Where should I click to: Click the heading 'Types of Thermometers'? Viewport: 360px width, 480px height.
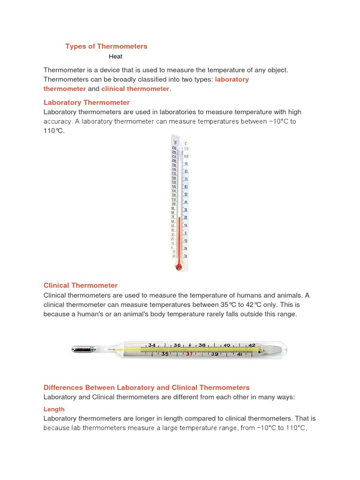(106, 46)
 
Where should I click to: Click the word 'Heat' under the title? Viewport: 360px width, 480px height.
(115, 56)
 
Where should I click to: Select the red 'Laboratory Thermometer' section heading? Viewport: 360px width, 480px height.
(86, 102)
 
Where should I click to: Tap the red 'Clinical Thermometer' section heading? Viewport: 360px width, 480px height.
(80, 285)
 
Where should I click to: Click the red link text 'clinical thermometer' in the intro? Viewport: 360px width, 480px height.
(135, 89)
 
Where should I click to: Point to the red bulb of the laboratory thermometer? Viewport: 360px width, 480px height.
(178, 267)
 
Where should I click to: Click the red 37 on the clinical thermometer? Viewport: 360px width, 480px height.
(189, 354)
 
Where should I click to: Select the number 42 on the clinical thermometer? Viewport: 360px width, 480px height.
(252, 345)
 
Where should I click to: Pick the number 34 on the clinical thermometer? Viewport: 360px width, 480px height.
(151, 345)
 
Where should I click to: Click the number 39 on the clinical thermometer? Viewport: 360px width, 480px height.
(215, 354)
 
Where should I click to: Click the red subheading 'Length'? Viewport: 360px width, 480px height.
(54, 409)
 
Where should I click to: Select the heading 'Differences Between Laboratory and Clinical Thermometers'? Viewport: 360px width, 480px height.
(146, 388)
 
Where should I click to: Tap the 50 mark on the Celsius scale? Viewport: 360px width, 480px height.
(186, 194)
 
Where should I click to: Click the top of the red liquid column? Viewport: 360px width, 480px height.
(179, 217)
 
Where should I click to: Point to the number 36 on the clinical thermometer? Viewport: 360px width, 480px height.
(177, 345)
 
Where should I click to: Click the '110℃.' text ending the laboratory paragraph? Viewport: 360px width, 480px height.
(54, 131)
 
